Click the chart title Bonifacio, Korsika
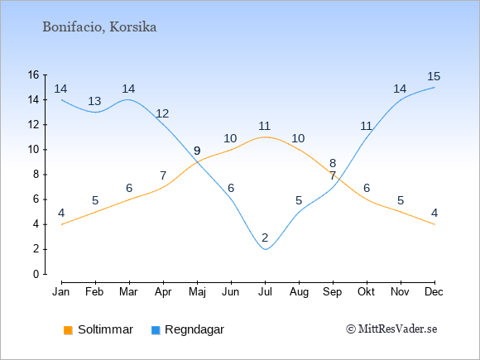click(x=99, y=27)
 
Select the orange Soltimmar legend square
click(x=68, y=330)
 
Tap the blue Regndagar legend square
click(x=156, y=330)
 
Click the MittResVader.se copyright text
click(x=391, y=329)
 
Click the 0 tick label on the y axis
click(x=36, y=274)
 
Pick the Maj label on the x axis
click(x=197, y=292)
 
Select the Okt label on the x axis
click(x=366, y=292)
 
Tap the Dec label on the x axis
click(x=434, y=292)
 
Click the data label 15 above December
click(x=434, y=76)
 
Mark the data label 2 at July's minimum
click(x=265, y=238)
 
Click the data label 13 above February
click(x=94, y=101)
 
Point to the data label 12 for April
click(x=162, y=113)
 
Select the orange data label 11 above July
click(x=264, y=126)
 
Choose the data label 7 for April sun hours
click(x=163, y=175)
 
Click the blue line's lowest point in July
click(x=265, y=249)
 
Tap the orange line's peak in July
click(x=265, y=137)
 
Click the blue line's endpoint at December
click(x=434, y=87)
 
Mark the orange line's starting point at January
click(x=62, y=224)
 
